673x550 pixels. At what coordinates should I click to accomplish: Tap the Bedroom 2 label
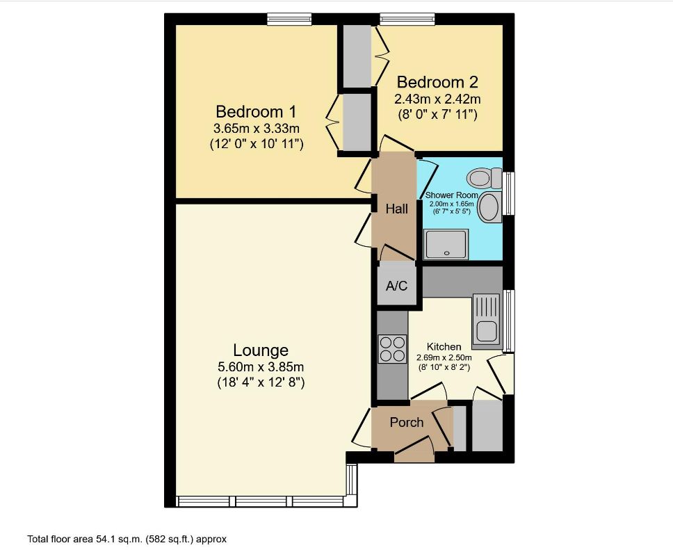[x=438, y=81]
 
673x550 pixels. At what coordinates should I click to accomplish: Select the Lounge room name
[x=261, y=350]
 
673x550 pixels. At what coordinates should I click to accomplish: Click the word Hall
[x=396, y=209]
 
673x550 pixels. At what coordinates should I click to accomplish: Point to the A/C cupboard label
[x=396, y=286]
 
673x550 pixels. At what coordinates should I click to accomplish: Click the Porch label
[x=407, y=422]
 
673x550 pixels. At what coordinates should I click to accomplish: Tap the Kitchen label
[x=444, y=346]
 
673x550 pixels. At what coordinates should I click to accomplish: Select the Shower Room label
[x=451, y=195]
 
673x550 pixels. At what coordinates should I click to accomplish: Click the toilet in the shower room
[x=485, y=178]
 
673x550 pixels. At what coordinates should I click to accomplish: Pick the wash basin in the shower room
[x=490, y=207]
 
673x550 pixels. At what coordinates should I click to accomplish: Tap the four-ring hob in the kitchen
[x=392, y=348]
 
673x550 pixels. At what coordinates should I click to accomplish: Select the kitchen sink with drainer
[x=486, y=320]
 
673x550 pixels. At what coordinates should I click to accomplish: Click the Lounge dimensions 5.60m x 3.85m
[x=261, y=367]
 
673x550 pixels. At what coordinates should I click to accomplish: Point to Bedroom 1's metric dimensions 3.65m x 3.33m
[x=257, y=129]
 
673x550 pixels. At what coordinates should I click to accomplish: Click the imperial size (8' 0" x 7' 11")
[x=438, y=114]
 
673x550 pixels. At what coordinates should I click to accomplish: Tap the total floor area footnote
[x=127, y=538]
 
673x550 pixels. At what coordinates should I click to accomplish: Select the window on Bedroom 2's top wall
[x=407, y=19]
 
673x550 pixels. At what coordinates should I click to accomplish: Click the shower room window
[x=509, y=193]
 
